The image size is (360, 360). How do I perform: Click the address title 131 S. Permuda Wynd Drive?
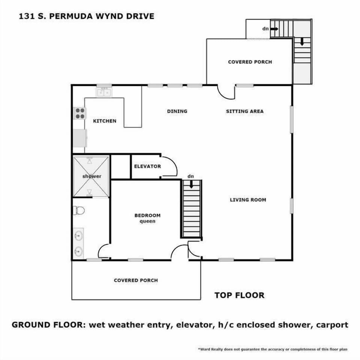(86, 16)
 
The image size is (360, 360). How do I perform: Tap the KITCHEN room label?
(105, 121)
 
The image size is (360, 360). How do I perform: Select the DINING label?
(177, 111)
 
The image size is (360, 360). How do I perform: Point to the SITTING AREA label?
(244, 111)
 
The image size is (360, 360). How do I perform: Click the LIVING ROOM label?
(248, 199)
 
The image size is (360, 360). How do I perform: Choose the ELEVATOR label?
(147, 166)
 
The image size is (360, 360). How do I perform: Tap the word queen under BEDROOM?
(147, 221)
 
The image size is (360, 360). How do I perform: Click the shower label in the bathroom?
(92, 176)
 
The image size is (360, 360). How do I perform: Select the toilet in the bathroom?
(79, 210)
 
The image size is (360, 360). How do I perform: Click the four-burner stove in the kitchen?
(80, 113)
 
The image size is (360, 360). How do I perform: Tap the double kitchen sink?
(104, 91)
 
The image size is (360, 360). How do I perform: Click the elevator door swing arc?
(169, 166)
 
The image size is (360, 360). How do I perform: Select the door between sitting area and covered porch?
(226, 92)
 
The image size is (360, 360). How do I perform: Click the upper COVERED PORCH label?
(250, 62)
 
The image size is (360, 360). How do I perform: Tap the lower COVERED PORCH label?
(136, 280)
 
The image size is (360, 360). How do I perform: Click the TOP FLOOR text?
(239, 295)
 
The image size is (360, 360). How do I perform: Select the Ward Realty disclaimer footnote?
(273, 349)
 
